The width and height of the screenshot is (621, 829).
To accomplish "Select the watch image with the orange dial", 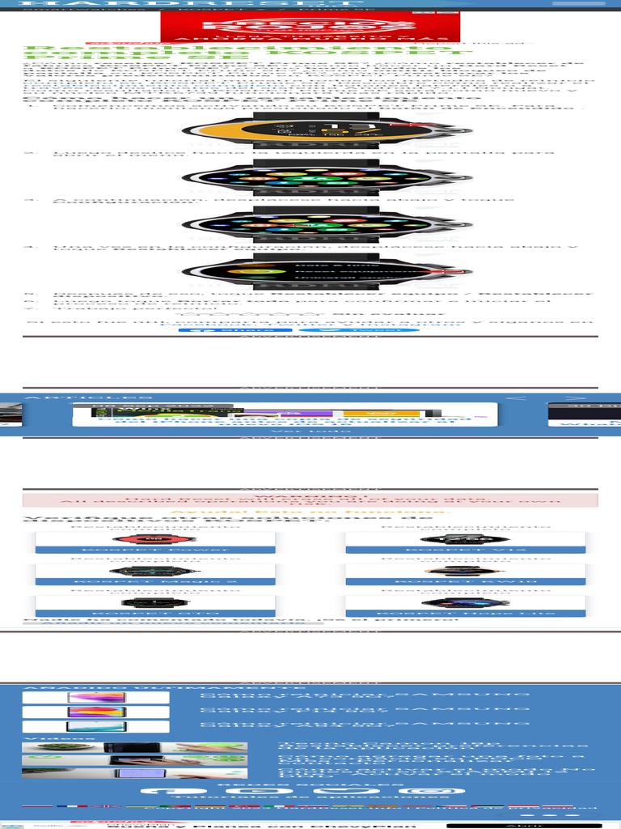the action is (x=310, y=130).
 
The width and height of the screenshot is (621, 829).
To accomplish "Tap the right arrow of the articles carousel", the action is (x=576, y=397).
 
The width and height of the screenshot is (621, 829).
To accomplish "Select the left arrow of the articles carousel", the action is (x=521, y=397).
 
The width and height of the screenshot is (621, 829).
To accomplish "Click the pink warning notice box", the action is (x=310, y=500).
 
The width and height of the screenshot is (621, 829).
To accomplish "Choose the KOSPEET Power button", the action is (x=155, y=550).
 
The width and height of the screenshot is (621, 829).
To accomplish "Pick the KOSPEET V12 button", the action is (x=465, y=550).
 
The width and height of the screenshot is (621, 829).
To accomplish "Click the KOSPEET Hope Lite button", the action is (x=465, y=614).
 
